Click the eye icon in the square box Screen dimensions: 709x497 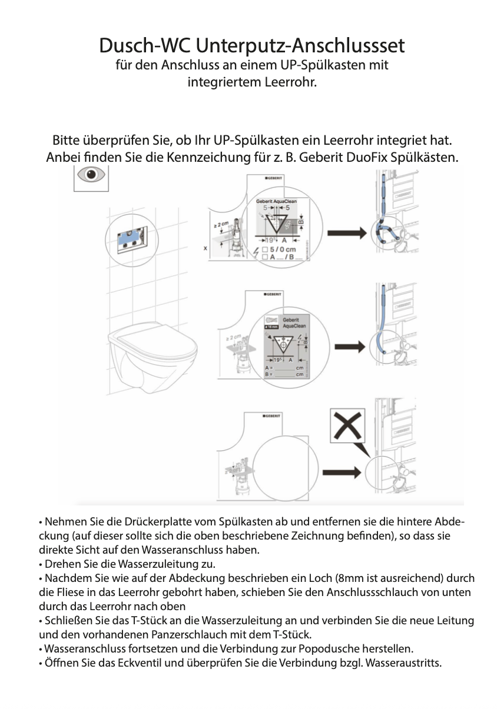click(91, 176)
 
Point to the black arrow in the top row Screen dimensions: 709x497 click(347, 234)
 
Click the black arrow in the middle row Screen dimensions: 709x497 click(347, 347)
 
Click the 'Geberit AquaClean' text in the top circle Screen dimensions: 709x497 click(276, 201)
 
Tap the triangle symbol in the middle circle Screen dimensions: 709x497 click(283, 342)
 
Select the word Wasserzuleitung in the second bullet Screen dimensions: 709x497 click(160, 564)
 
